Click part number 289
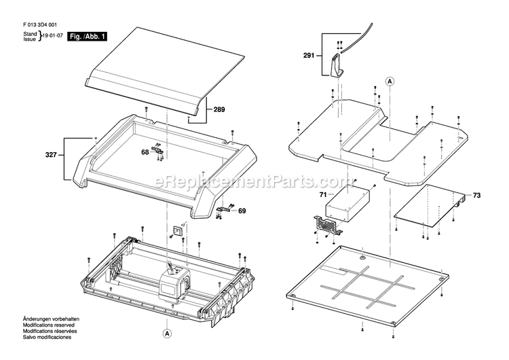point(219,109)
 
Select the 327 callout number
point(51,155)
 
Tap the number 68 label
point(145,151)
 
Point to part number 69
point(242,211)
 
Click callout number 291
point(309,56)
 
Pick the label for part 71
point(323,195)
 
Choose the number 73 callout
point(477,195)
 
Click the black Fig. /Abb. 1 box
point(87,37)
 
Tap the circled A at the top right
point(390,82)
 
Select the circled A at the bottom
point(167,334)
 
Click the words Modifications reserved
point(48,325)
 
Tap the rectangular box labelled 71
point(347,204)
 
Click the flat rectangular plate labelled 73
point(430,206)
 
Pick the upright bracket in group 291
point(337,66)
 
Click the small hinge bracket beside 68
point(157,150)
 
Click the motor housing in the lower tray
point(174,285)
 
